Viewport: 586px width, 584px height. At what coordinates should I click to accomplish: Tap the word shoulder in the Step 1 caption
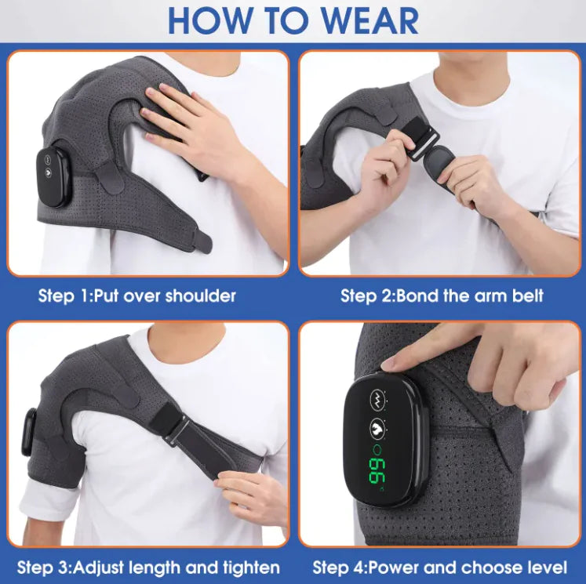point(200,296)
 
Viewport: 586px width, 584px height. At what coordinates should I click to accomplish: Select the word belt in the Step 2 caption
point(528,296)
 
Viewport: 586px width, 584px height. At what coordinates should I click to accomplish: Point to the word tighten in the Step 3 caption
point(251,568)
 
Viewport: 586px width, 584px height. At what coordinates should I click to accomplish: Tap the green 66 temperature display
point(377,471)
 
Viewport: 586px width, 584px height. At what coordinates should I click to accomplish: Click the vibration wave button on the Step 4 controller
point(377,397)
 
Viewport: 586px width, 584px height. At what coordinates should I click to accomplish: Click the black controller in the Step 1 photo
point(53,176)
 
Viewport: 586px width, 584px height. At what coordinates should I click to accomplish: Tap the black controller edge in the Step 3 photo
point(29,432)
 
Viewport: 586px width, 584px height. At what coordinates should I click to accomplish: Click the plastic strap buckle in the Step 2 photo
point(421,143)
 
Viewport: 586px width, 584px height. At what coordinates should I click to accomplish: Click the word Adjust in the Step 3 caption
point(98,568)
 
